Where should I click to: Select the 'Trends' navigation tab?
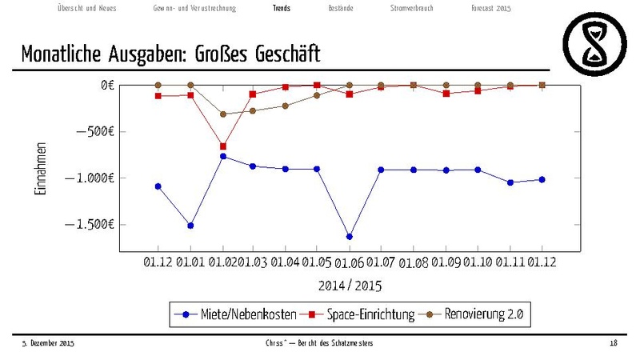pyautogui.click(x=282, y=8)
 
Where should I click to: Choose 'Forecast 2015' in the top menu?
pyautogui.click(x=491, y=8)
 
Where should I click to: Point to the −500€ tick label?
pyautogui.click(x=95, y=131)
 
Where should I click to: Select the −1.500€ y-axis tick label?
pyautogui.click(x=91, y=224)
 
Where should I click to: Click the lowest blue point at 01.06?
pyautogui.click(x=350, y=237)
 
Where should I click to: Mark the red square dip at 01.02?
pyautogui.click(x=223, y=146)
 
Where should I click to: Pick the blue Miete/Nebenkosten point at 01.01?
pyautogui.click(x=190, y=226)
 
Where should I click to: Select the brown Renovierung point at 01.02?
pyautogui.click(x=223, y=114)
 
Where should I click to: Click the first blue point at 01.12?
pyautogui.click(x=158, y=186)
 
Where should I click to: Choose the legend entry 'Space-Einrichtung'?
pyautogui.click(x=370, y=314)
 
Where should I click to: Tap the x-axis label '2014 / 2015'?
pyautogui.click(x=350, y=286)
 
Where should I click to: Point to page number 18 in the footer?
pyautogui.click(x=613, y=343)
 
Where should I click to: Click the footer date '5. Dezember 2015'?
pyautogui.click(x=47, y=343)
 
